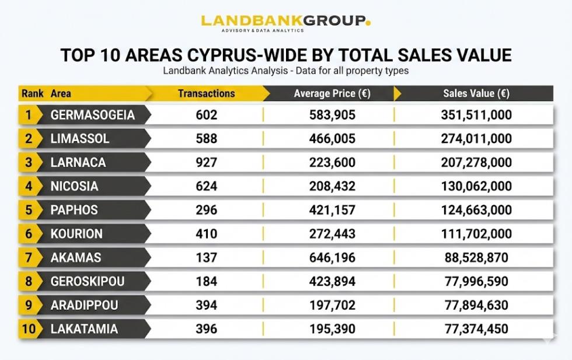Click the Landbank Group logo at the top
(285, 22)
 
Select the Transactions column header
(206, 93)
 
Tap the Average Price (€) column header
(332, 93)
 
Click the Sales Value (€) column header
(476, 93)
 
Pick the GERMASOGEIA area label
(92, 115)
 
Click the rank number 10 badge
(29, 329)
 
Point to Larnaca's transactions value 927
(206, 163)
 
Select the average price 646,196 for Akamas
(332, 258)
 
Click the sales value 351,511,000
(476, 115)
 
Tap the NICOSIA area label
(74, 187)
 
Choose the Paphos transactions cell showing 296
(206, 210)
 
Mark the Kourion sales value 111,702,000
(476, 234)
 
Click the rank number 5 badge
(29, 210)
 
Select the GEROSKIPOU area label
(88, 282)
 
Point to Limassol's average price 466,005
(332, 139)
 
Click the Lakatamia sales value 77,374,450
(476, 329)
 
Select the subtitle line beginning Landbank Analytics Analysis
(285, 71)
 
